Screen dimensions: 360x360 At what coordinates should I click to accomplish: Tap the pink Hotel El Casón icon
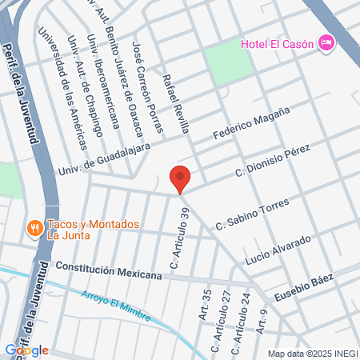click(x=326, y=42)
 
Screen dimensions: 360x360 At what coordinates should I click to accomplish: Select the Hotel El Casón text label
click(x=278, y=42)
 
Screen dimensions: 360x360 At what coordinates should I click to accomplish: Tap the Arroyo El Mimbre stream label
click(x=115, y=305)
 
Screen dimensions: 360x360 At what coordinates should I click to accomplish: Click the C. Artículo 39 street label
click(x=177, y=237)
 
